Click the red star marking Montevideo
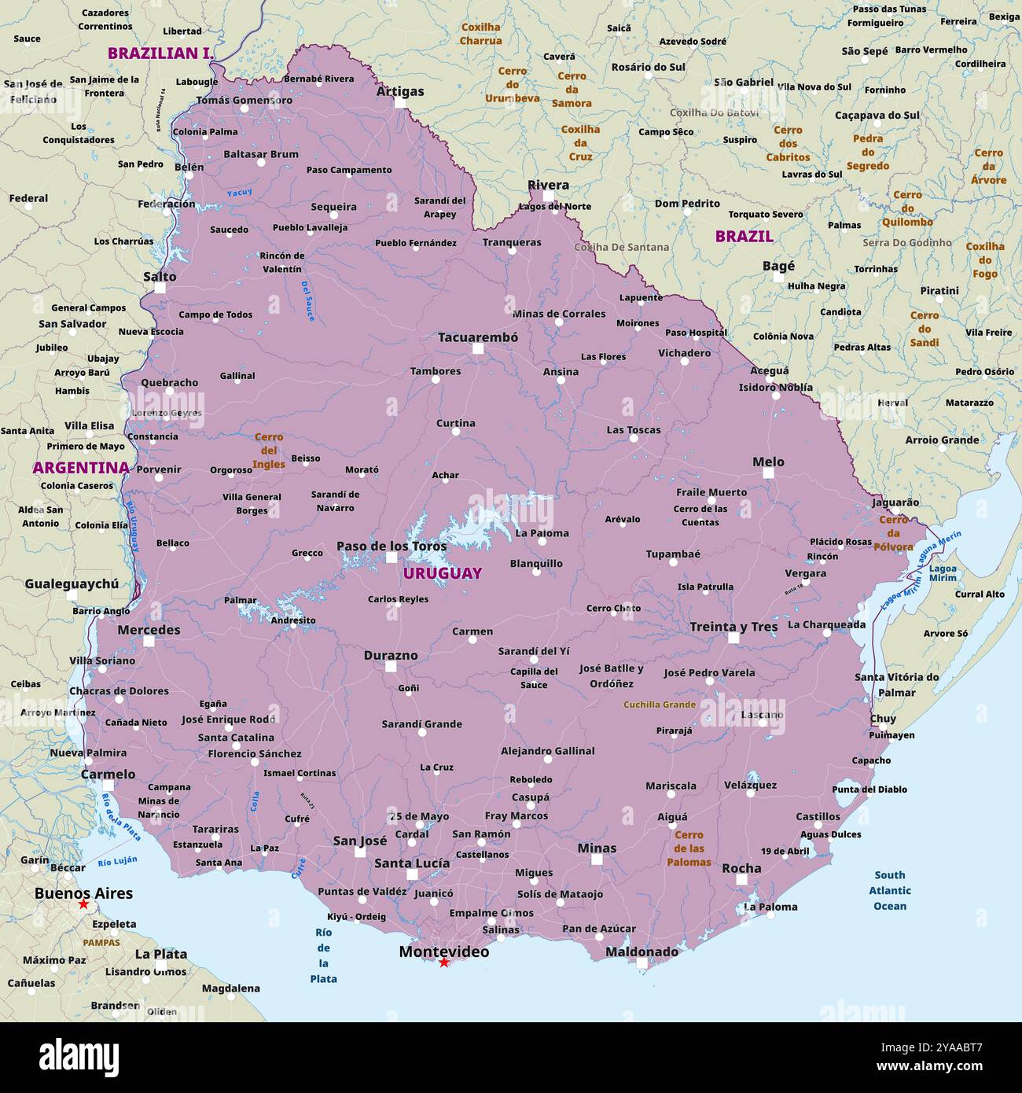(x=443, y=962)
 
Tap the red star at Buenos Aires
(x=83, y=905)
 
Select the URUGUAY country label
(x=443, y=573)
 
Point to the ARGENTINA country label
(x=80, y=468)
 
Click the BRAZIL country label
(x=744, y=236)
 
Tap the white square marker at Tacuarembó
(x=477, y=348)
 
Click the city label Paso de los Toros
(x=392, y=546)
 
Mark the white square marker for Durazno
(x=391, y=667)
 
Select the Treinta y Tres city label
(x=733, y=627)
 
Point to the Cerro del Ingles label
(x=269, y=451)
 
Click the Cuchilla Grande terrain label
(x=659, y=705)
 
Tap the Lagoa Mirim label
(x=943, y=573)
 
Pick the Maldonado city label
(x=642, y=951)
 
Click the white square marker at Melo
(x=768, y=473)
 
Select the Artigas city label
(x=399, y=91)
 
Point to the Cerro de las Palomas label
(x=689, y=848)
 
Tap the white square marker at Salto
(x=160, y=289)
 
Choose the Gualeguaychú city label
(x=72, y=583)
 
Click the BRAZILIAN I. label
(x=160, y=53)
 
